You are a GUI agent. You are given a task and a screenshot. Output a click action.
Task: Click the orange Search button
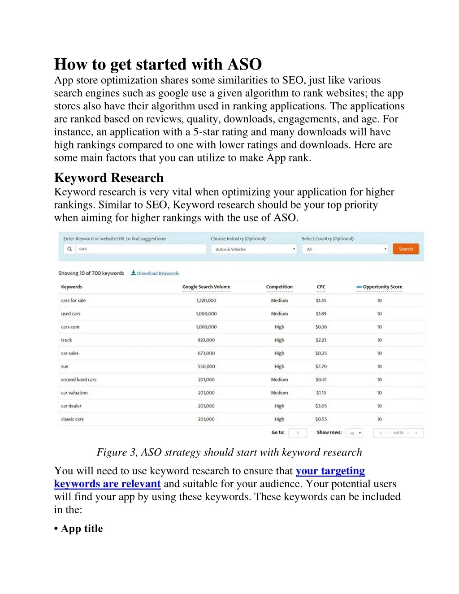[406, 249]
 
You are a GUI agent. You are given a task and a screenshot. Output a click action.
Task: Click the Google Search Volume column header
[206, 287]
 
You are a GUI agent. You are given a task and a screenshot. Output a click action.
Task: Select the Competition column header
[279, 287]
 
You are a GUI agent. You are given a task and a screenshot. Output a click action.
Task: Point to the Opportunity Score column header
[382, 287]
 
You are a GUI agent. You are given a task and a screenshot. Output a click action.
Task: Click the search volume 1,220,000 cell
[206, 301]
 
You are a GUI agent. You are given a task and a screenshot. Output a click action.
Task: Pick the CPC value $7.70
[321, 366]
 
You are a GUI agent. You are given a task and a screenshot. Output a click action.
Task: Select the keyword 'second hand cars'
[79, 380]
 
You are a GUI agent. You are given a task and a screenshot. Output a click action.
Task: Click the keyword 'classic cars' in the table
[73, 419]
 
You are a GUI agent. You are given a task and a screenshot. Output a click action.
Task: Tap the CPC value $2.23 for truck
[321, 340]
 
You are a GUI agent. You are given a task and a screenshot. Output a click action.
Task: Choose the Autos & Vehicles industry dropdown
[254, 249]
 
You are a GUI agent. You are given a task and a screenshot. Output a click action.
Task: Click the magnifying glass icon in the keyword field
[69, 249]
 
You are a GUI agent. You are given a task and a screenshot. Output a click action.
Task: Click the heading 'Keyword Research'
[109, 178]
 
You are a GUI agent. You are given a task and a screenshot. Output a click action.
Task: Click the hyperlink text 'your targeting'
[330, 471]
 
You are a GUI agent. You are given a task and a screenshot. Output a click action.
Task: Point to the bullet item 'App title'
[82, 529]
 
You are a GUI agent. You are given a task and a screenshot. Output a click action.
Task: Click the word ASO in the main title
[244, 65]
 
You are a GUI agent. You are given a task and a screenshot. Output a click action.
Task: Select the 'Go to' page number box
[298, 433]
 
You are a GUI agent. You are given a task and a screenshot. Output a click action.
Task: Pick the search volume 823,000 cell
[206, 340]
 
